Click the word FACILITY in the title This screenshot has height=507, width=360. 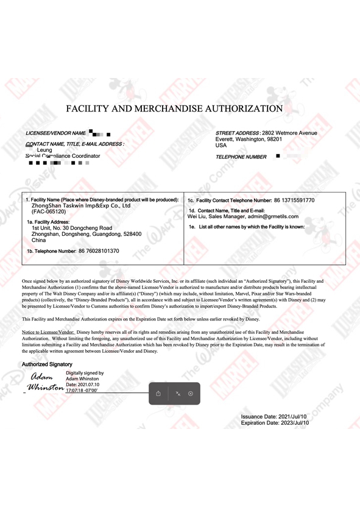(x=91, y=109)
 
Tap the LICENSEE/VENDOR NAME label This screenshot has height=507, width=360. (x=55, y=133)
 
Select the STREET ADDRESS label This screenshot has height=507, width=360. (x=238, y=133)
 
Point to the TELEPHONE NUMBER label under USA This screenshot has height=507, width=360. (x=241, y=157)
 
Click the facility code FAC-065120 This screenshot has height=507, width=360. (x=48, y=211)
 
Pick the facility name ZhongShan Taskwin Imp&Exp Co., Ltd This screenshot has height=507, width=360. (x=81, y=205)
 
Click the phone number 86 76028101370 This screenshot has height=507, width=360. (x=99, y=250)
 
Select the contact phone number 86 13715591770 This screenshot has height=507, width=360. (x=294, y=200)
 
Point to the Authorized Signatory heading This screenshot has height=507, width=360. (x=47, y=364)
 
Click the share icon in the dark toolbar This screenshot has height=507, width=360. (x=158, y=394)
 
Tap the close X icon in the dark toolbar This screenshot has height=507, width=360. (x=191, y=394)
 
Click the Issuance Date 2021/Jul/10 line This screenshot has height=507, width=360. (x=275, y=416)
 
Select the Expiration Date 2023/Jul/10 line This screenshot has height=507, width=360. (x=275, y=422)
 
